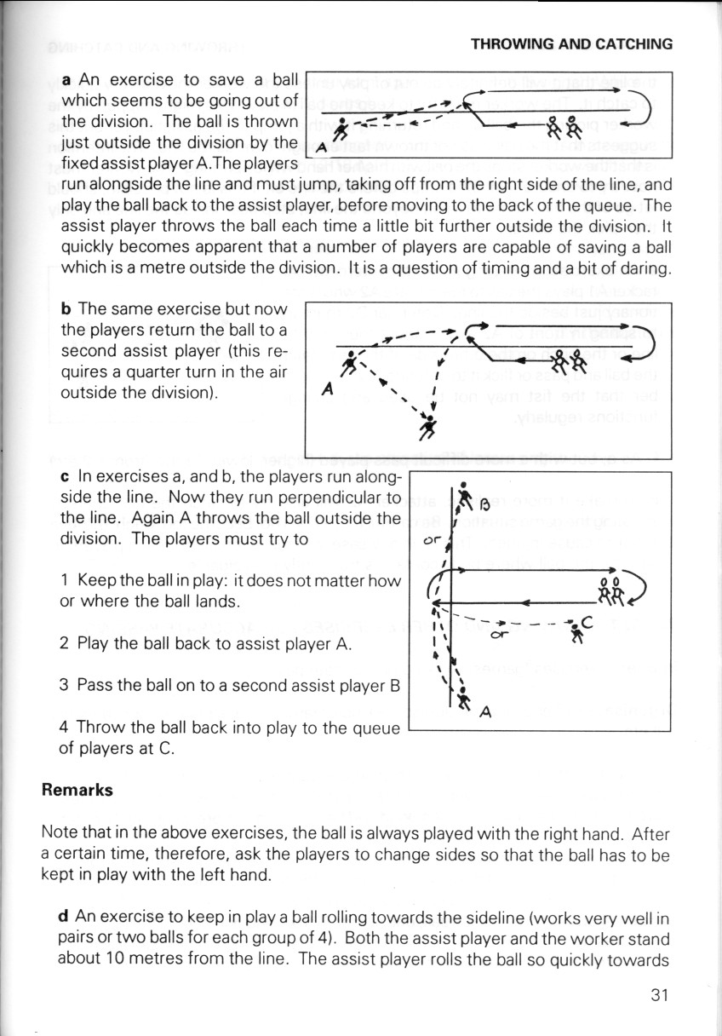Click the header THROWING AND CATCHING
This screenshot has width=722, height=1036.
571,44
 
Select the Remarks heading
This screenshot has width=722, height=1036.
77,790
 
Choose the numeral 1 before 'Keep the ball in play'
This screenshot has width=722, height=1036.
65,582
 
